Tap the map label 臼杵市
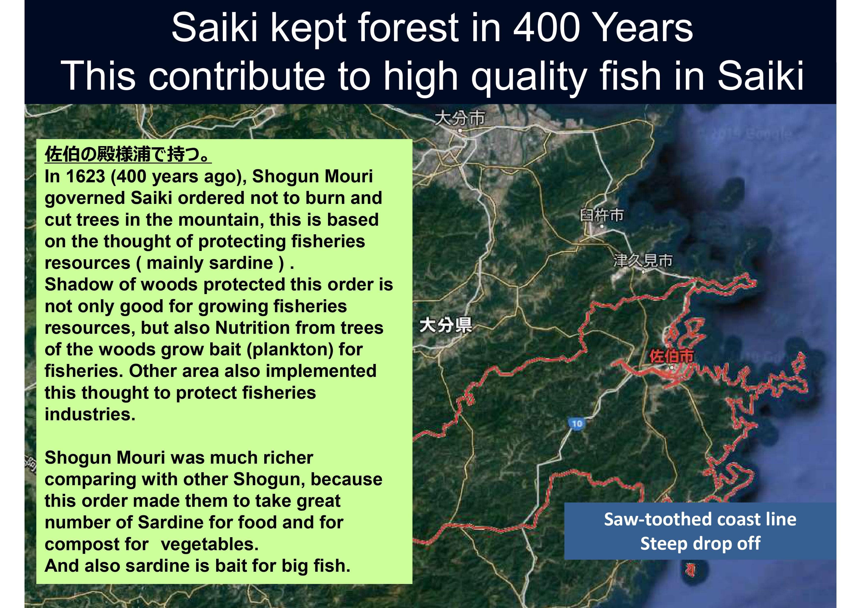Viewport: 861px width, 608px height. [601, 215]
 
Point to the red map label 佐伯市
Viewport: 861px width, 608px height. [671, 356]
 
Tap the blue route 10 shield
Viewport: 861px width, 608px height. [577, 424]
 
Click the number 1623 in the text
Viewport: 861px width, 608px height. [85, 176]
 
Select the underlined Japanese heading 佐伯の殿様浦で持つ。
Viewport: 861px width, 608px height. [128, 154]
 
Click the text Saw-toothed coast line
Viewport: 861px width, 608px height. [700, 520]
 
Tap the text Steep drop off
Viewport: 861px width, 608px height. [700, 544]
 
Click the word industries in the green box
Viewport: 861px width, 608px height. [90, 414]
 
